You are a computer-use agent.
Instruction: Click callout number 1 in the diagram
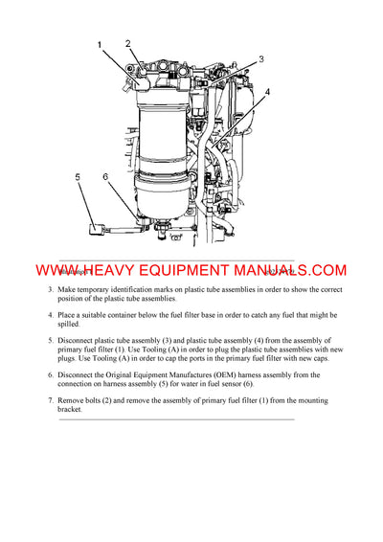(x=99, y=45)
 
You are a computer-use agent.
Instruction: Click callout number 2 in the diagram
(x=128, y=44)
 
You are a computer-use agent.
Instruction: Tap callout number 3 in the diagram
(x=260, y=59)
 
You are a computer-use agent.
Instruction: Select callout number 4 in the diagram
(x=267, y=92)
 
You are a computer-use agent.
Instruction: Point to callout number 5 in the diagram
(x=77, y=177)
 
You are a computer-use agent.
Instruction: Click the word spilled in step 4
(x=74, y=325)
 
